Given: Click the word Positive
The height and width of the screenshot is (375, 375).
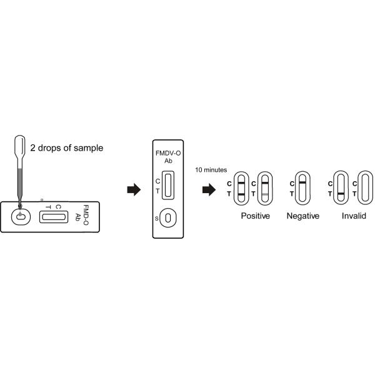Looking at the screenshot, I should (255, 216).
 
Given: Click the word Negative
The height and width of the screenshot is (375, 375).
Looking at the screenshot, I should (302, 216).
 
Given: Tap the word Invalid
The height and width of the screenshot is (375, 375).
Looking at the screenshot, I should (354, 216).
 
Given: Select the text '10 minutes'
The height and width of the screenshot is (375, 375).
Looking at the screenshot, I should (211, 170).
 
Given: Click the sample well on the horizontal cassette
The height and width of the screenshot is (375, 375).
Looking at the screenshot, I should (21, 217).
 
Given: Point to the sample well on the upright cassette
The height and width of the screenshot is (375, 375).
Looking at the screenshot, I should (167, 217).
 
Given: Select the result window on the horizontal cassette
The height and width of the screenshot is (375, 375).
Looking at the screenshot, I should (53, 216).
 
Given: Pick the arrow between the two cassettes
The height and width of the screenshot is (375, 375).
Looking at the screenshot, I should (133, 189).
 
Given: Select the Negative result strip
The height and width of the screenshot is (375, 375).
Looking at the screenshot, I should (301, 188).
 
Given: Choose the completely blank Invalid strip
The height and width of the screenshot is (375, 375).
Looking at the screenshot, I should (362, 188).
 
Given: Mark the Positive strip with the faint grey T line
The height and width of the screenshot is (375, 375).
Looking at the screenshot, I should (265, 188).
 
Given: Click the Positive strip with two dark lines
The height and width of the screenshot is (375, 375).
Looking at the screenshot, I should (241, 188).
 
